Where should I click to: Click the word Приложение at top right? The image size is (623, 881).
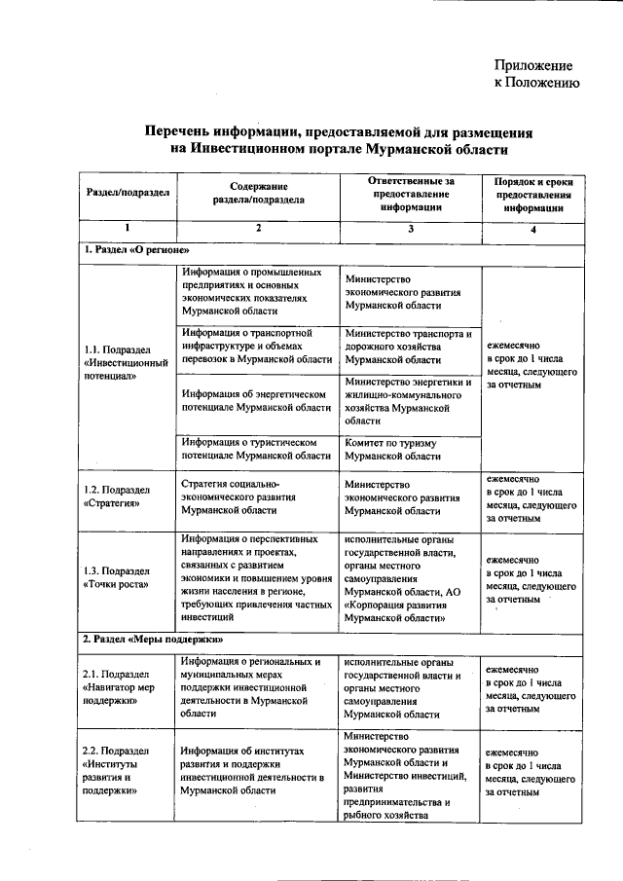(534, 66)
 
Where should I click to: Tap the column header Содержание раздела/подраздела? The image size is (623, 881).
(258, 192)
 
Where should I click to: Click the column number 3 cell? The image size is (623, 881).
(411, 229)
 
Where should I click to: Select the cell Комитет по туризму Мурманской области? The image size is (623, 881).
(392, 449)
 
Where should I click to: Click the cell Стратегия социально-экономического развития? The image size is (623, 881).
(244, 496)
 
